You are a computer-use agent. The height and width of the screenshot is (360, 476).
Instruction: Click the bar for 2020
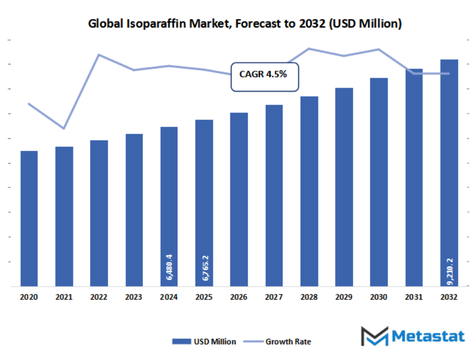pyautogui.click(x=29, y=219)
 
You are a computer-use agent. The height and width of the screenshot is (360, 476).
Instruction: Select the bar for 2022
pyautogui.click(x=99, y=213)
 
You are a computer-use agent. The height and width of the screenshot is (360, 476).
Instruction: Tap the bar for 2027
pyautogui.click(x=274, y=195)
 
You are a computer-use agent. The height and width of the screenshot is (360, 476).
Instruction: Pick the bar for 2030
pyautogui.click(x=379, y=182)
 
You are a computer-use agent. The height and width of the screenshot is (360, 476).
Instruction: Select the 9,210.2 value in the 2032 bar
pyautogui.click(x=449, y=271)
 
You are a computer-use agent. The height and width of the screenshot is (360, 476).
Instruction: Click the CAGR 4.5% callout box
pyautogui.click(x=265, y=76)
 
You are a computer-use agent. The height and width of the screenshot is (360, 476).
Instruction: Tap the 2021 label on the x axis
pyautogui.click(x=64, y=298)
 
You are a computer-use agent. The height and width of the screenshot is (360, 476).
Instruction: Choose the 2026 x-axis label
pyautogui.click(x=239, y=298)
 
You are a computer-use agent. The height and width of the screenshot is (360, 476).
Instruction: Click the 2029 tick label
pyautogui.click(x=344, y=298)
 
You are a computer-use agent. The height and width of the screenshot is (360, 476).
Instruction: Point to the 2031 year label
pyautogui.click(x=414, y=298)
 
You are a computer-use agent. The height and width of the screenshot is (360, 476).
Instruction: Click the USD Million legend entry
pyautogui.click(x=204, y=342)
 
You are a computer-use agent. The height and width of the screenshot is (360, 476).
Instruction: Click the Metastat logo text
pyautogui.click(x=428, y=336)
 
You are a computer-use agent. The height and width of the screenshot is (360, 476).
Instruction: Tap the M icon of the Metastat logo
pyautogui.click(x=374, y=336)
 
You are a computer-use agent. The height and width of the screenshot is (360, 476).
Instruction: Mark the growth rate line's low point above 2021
pyautogui.click(x=64, y=128)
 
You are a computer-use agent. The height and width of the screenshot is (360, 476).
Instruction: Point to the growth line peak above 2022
pyautogui.click(x=99, y=54)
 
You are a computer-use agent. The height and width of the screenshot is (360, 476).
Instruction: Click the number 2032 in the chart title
pyautogui.click(x=313, y=24)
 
